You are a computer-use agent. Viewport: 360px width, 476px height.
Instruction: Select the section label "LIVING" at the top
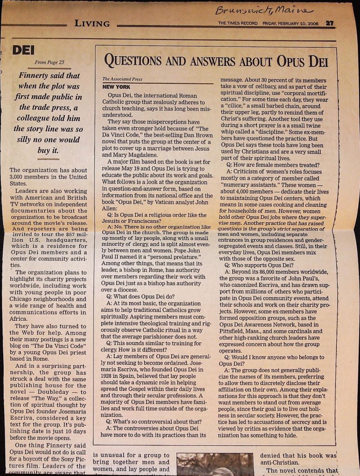(92, 24)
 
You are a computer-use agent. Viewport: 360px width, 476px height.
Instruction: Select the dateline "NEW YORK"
(116, 87)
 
